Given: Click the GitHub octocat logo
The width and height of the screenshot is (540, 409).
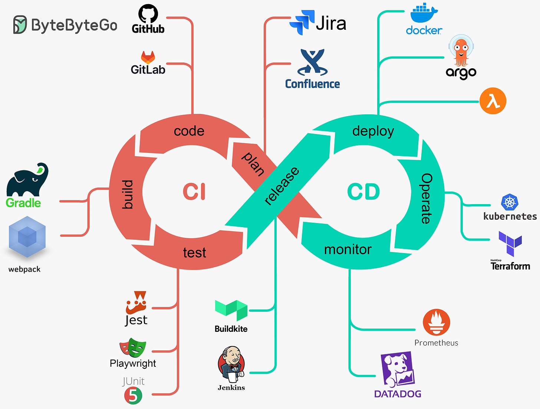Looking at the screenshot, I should [x=148, y=14].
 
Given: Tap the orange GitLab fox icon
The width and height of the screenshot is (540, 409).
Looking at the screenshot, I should [x=148, y=57].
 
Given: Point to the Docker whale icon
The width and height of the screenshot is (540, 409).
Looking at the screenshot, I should [x=424, y=14].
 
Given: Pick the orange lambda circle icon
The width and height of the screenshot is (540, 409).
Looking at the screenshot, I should [x=493, y=101].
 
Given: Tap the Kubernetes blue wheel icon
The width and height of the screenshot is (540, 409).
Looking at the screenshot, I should [x=510, y=203].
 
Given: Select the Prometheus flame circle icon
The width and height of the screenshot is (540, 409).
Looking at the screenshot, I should [x=436, y=323].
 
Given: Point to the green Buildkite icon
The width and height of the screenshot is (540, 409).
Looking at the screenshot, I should [x=231, y=310].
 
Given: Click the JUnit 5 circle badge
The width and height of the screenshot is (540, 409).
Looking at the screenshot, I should [x=133, y=395].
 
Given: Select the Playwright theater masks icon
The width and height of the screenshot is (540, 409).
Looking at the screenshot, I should [x=133, y=348].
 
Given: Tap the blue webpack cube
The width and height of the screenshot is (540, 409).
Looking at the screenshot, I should [x=27, y=238].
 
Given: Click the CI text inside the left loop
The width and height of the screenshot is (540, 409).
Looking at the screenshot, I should [x=194, y=192].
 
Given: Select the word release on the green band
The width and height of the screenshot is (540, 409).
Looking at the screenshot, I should [x=281, y=186].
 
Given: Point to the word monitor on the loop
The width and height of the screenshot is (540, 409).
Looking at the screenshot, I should [x=348, y=249].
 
